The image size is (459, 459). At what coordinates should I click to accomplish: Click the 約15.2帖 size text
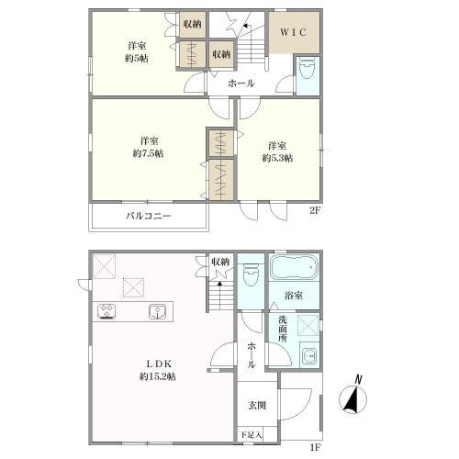point(157,376)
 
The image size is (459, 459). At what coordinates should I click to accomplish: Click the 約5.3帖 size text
point(276,159)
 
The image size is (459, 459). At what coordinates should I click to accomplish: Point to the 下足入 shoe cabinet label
point(250,435)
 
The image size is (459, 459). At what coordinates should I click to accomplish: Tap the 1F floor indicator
point(315,448)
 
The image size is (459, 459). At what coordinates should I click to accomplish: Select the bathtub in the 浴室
point(295,270)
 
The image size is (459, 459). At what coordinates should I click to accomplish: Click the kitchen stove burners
point(106,310)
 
